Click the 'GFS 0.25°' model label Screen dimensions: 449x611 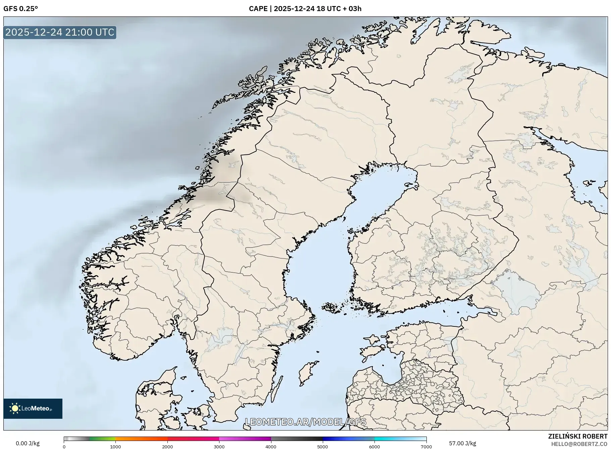pyautogui.click(x=20, y=9)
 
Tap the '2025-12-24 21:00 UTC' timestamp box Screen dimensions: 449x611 pyautogui.click(x=60, y=32)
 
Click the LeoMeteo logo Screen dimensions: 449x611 pyautogui.click(x=33, y=408)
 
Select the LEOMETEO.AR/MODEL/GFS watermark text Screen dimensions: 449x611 pyautogui.click(x=305, y=422)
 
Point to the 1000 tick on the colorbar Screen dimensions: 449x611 pyautogui.click(x=116, y=446)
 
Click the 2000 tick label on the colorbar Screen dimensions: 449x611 pyautogui.click(x=167, y=446)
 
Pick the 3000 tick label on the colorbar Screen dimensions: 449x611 pyautogui.click(x=219, y=446)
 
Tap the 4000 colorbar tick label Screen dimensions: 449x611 pyautogui.click(x=271, y=446)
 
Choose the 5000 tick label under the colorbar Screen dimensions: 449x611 pyautogui.click(x=323, y=446)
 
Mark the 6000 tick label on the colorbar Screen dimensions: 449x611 pyautogui.click(x=374, y=446)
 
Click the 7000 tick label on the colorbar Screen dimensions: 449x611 pyautogui.click(x=426, y=446)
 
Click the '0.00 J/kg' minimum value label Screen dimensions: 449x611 pyautogui.click(x=28, y=443)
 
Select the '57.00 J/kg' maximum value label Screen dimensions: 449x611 pyautogui.click(x=462, y=443)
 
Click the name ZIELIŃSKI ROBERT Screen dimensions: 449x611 pyautogui.click(x=577, y=436)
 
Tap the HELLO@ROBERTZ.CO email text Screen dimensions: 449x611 pyautogui.click(x=579, y=444)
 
